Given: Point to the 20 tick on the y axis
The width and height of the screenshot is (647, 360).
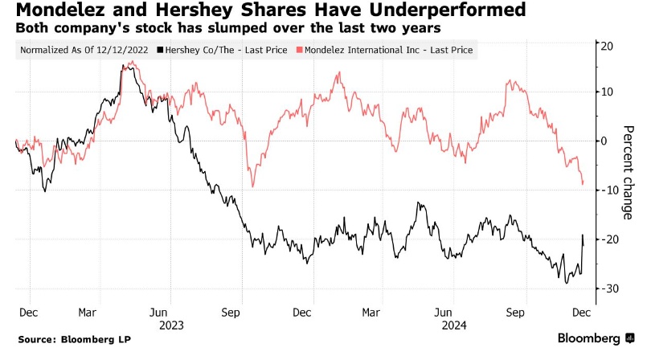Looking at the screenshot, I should click(608, 46).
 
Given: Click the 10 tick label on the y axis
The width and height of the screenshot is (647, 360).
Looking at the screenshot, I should click(608, 92).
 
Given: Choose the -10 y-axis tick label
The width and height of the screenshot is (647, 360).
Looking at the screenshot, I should click(607, 190).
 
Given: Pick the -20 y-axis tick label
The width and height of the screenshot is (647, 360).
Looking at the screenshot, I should click(607, 239).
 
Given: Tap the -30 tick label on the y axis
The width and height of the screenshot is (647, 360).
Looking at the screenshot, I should click(607, 288).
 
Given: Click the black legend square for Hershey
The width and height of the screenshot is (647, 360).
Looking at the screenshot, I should click(162, 50).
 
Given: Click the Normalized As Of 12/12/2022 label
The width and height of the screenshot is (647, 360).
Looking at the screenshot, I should click(86, 50).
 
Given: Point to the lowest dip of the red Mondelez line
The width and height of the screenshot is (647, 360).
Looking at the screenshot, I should click(253, 186).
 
